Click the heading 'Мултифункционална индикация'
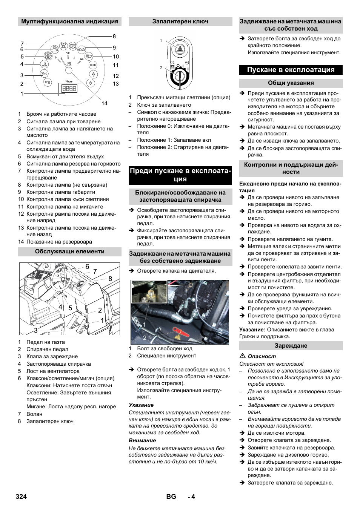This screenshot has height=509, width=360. [x=70, y=21]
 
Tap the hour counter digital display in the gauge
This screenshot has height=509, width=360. [x=69, y=89]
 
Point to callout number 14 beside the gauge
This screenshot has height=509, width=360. [x=104, y=103]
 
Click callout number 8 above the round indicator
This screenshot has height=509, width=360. [x=114, y=37]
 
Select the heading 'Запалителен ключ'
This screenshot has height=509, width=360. [x=180, y=21]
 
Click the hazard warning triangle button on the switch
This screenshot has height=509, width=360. [x=180, y=49]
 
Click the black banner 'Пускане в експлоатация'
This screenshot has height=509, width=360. [x=291, y=70]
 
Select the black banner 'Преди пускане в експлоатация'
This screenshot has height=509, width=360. [x=180, y=175]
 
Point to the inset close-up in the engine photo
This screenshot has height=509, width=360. [x=144, y=291]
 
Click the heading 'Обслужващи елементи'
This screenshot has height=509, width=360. [x=70, y=251]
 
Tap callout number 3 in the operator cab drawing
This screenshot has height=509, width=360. [x=36, y=330]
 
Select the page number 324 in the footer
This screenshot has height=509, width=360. [x=22, y=497]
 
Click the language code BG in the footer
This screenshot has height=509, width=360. [x=171, y=497]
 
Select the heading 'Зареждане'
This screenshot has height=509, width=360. [x=291, y=346]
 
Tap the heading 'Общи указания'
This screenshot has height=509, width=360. [x=291, y=83]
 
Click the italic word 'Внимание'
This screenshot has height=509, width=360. [x=142, y=440]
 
